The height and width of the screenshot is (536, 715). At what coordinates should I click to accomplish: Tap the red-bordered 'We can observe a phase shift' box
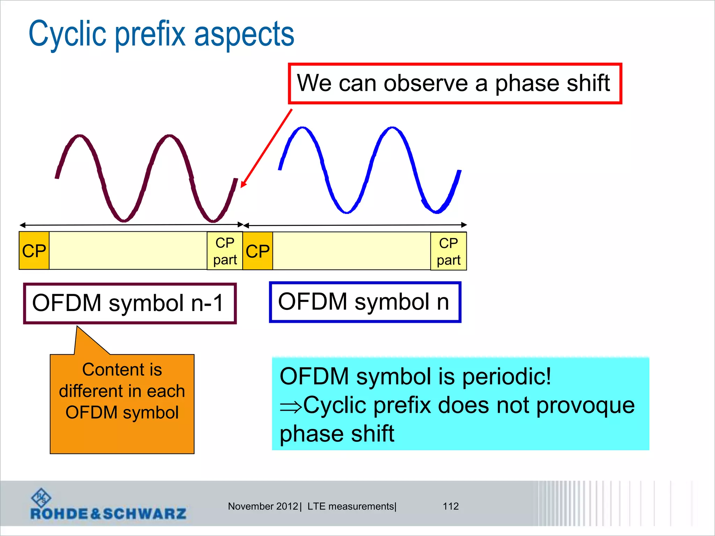point(455,84)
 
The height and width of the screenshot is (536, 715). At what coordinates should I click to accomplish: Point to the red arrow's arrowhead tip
point(242,187)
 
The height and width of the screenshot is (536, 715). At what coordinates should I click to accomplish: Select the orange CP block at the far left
point(34,251)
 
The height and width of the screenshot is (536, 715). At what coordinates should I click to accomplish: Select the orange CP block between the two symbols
point(258,251)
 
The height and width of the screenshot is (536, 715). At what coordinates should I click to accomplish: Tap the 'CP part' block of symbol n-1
point(225,251)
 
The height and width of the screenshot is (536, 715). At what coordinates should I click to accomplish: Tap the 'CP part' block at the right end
point(448,251)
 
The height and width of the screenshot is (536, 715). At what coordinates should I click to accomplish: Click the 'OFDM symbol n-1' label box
point(130,303)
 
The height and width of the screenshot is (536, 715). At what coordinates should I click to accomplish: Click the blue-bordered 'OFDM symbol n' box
point(365,302)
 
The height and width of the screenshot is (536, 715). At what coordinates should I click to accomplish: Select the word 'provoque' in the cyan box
point(585,405)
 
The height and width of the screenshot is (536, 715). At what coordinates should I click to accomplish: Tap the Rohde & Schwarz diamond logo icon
point(41,498)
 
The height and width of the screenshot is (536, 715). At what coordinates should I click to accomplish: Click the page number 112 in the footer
point(450,506)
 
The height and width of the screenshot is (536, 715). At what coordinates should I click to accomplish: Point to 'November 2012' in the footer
point(263,506)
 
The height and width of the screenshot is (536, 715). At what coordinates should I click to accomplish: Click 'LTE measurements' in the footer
point(351,506)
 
